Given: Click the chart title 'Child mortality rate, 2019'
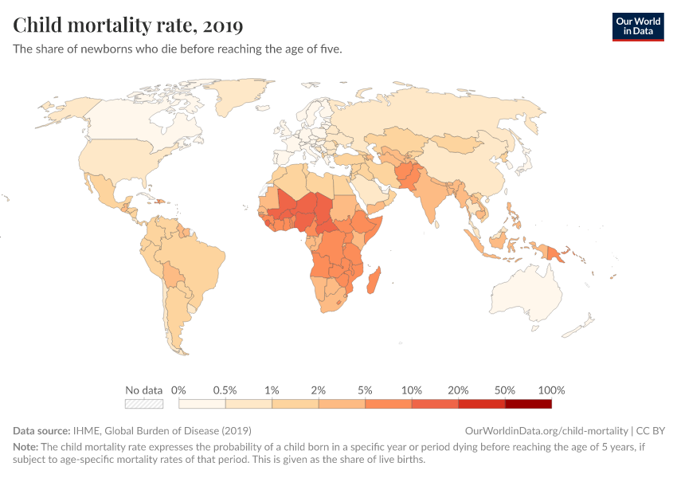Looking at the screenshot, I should coord(127,25).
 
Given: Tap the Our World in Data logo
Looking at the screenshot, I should coord(637,26).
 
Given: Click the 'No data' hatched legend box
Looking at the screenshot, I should coord(144,404).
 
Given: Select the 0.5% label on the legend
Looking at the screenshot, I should coord(225,390).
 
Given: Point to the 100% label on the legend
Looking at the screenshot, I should coord(551,390).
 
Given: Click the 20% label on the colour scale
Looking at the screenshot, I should coord(458,390).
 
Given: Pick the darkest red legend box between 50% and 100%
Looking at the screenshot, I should coord(528,404).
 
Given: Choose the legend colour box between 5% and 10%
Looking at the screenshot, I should coord(389,404).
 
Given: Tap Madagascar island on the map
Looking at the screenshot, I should coord(375,284).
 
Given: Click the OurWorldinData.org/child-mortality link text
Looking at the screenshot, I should coord(546,430).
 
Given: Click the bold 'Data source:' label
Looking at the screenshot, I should coord(41,430).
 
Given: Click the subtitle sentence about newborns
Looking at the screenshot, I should coord(178,49).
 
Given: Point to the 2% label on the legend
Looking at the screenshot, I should coord(319,390).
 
